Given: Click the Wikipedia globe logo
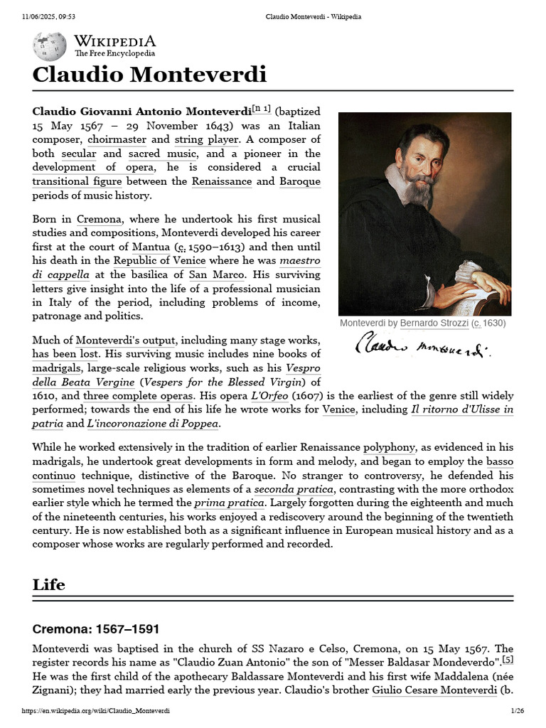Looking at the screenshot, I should click(x=49, y=45).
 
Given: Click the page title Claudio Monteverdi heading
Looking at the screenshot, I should click(x=149, y=75).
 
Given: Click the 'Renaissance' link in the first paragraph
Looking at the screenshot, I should click(x=221, y=181).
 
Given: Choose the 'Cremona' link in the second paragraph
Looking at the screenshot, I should click(x=99, y=219).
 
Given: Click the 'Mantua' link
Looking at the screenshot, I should click(x=151, y=247).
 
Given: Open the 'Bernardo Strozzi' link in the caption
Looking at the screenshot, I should click(x=434, y=323).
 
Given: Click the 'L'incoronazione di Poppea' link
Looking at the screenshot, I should click(x=152, y=424).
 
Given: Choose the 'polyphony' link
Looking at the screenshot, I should click(x=389, y=447).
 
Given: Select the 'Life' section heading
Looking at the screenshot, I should click(x=48, y=584).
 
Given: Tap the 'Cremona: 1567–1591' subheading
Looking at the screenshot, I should click(x=96, y=629).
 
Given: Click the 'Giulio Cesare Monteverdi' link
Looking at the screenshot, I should click(x=433, y=690).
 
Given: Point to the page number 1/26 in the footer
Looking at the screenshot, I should click(x=517, y=711).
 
